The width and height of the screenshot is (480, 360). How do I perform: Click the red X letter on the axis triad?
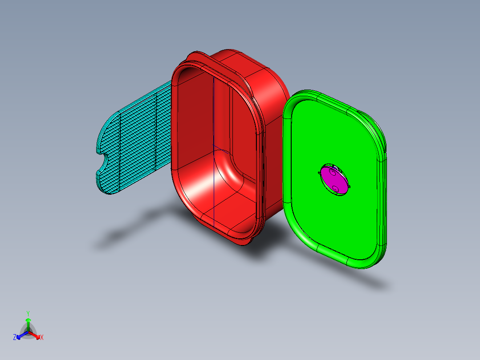pos(42,338)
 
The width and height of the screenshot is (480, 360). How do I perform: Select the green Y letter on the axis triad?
pos(28,313)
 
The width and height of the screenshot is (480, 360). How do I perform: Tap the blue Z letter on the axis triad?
pos(15,337)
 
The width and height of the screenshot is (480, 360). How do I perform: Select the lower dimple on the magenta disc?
pos(336,189)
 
